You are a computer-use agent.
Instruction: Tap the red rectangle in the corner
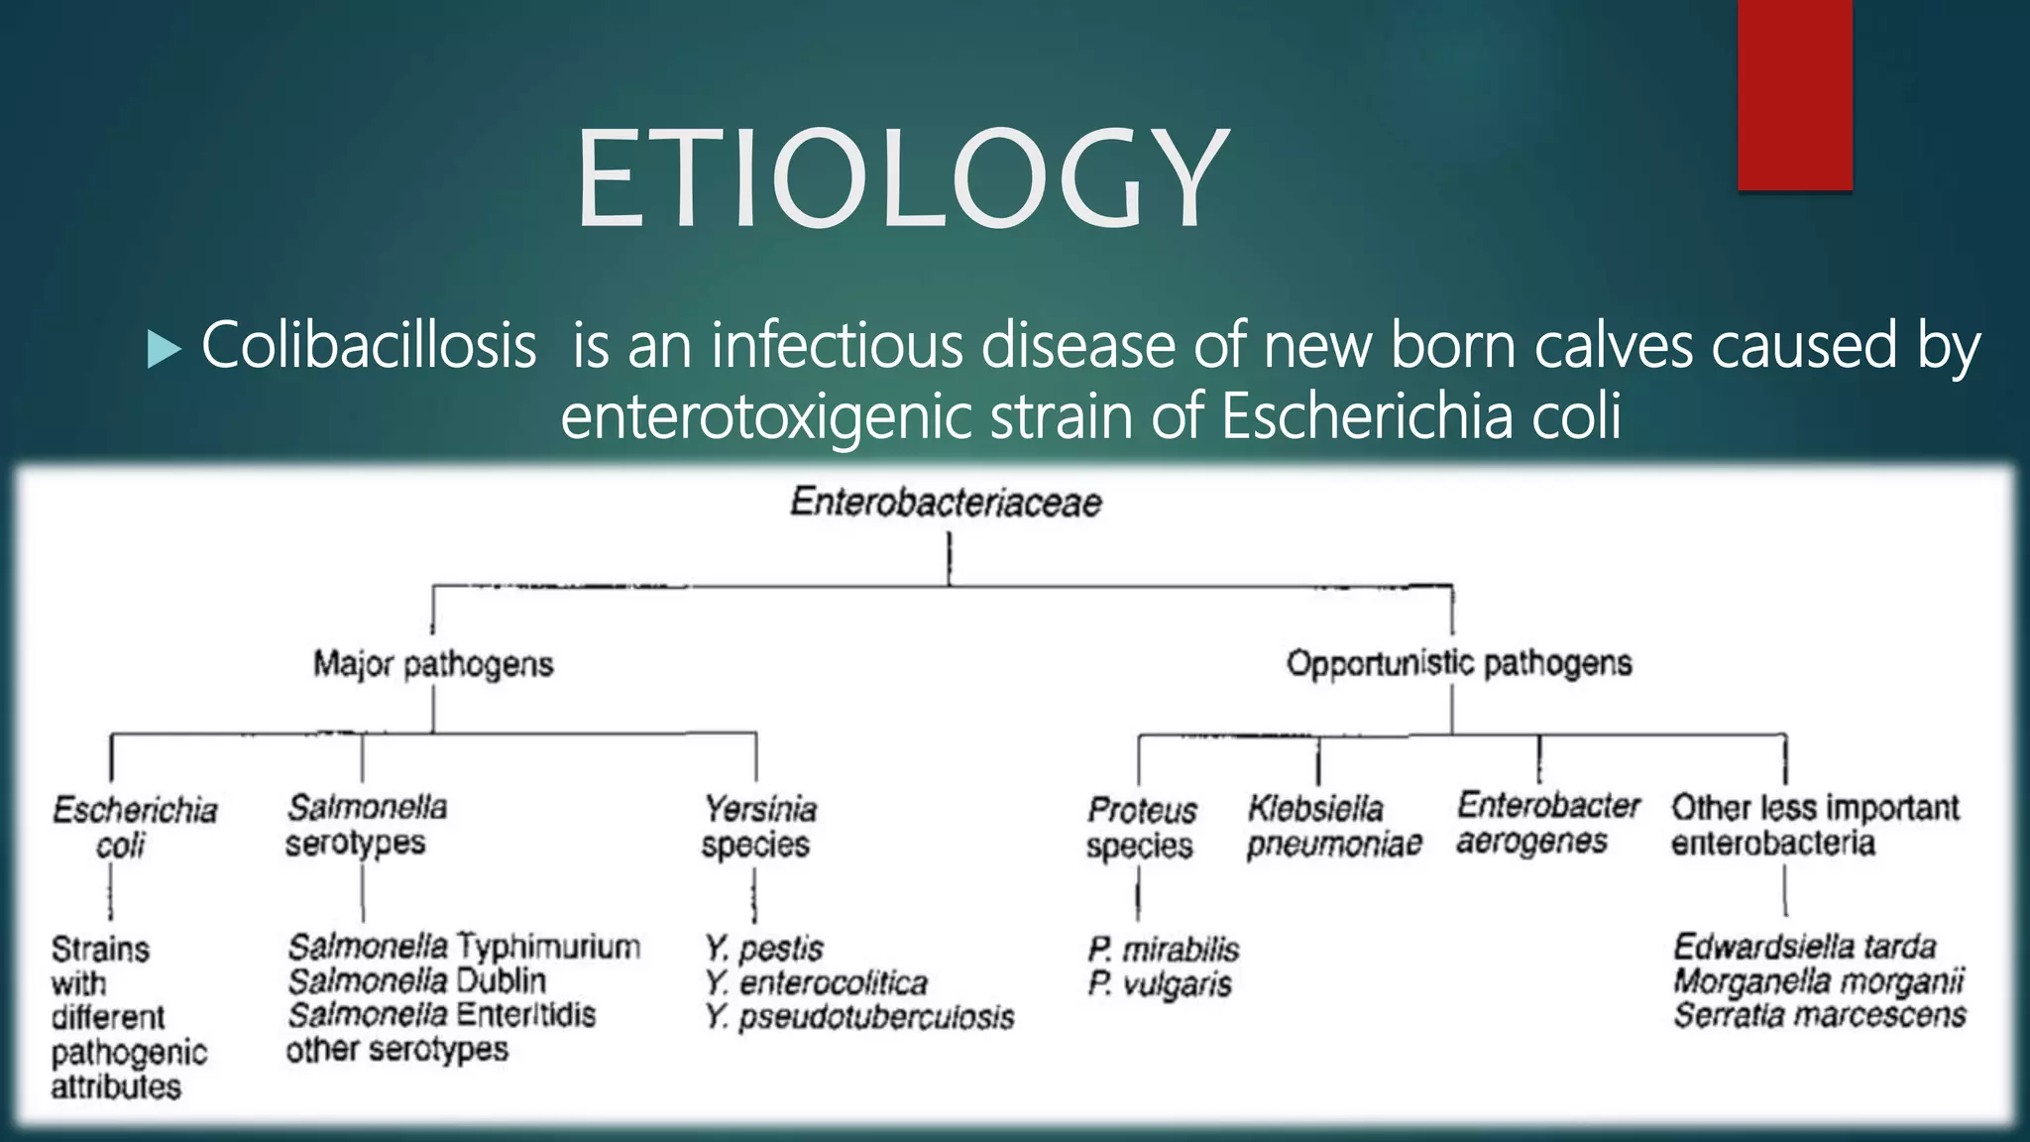pos(1794,94)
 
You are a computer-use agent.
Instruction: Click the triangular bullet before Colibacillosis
pos(164,349)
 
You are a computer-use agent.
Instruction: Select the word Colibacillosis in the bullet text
pos(369,346)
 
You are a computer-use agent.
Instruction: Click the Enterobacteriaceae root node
pos(946,503)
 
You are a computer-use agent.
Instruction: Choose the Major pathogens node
pos(433,664)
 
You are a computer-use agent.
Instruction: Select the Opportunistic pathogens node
pos(1458,663)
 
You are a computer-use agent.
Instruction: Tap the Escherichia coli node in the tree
pos(134,827)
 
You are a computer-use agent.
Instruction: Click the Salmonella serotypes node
pos(366,825)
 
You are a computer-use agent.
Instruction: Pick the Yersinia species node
pos(759,827)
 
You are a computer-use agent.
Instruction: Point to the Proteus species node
pos(1141,828)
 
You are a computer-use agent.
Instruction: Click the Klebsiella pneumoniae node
pos(1333,826)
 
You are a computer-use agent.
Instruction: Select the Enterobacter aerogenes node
pos(1547,823)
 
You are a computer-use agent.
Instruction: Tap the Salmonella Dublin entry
pos(416,981)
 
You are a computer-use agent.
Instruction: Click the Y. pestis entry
pos(763,949)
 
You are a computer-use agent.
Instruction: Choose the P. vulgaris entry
pos(1159,984)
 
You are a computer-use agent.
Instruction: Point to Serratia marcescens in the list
pos(1819,1016)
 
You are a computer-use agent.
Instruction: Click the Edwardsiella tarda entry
pos(1804,947)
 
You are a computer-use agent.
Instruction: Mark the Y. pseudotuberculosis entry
pos(859,1017)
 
